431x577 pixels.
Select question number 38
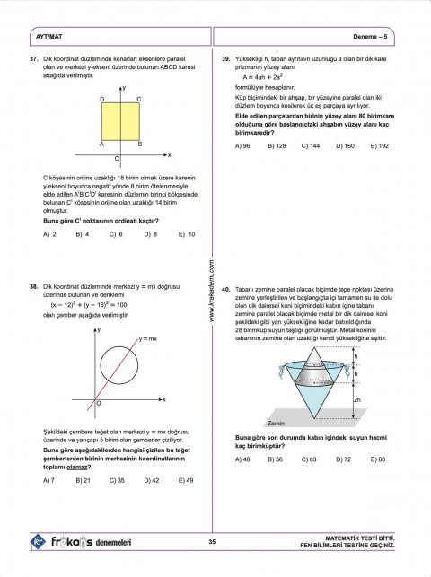click(34, 287)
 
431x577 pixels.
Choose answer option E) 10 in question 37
click(186, 234)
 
